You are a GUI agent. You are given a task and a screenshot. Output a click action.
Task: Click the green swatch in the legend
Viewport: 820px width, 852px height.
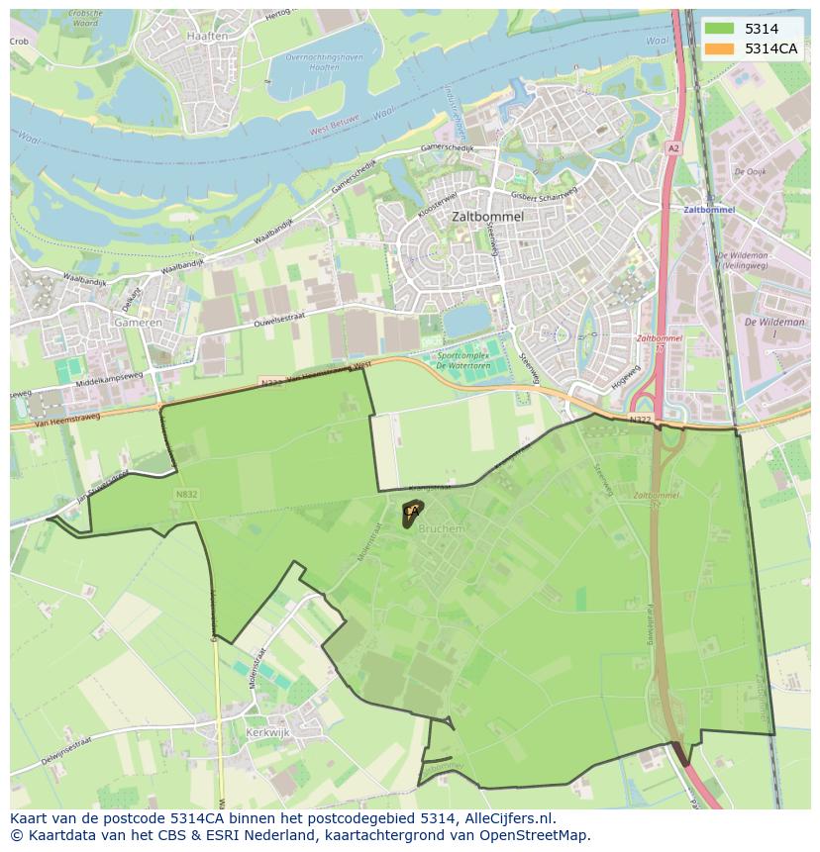coord(720,29)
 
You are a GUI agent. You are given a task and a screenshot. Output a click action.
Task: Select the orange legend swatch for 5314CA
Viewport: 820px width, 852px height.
coord(720,48)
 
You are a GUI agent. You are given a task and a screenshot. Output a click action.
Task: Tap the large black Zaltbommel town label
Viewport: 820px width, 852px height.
coord(487,216)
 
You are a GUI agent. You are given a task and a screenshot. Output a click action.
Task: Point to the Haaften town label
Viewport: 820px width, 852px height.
coord(207,36)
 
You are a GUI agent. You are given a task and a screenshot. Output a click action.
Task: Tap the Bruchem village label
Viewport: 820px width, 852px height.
coord(442,529)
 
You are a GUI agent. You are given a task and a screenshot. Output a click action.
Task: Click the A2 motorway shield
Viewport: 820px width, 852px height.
coord(673,147)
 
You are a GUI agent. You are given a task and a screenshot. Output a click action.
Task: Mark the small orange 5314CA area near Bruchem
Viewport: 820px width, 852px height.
coord(411,513)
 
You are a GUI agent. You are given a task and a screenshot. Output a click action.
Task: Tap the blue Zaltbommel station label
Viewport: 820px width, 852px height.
coord(709,210)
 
